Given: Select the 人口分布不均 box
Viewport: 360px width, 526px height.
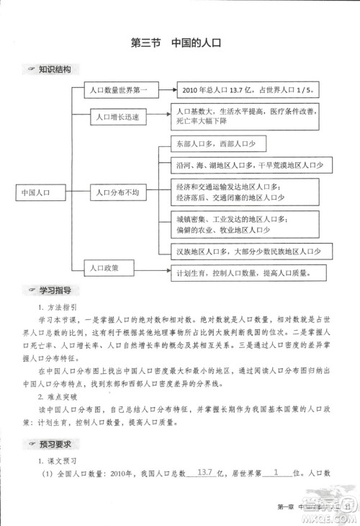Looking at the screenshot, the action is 118,193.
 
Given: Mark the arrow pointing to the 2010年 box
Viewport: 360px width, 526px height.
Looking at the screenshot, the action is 165,91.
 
